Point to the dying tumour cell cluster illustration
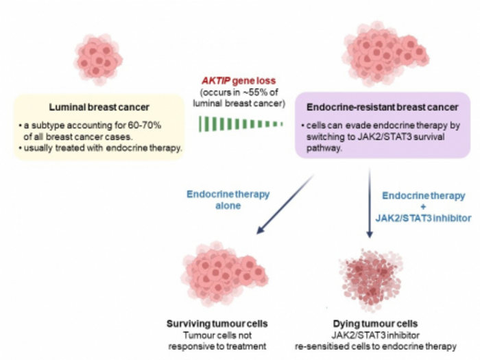(x=370, y=276)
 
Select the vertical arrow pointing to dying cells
(x=370, y=206)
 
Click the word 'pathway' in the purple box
(x=324, y=147)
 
